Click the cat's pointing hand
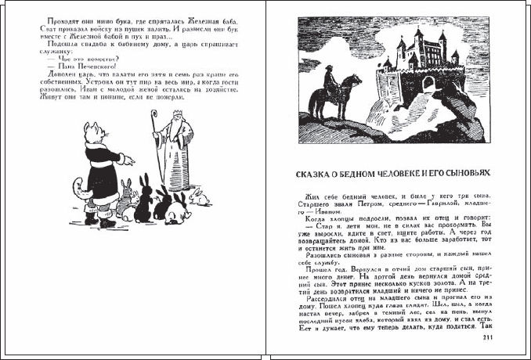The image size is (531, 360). click(130, 160)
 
